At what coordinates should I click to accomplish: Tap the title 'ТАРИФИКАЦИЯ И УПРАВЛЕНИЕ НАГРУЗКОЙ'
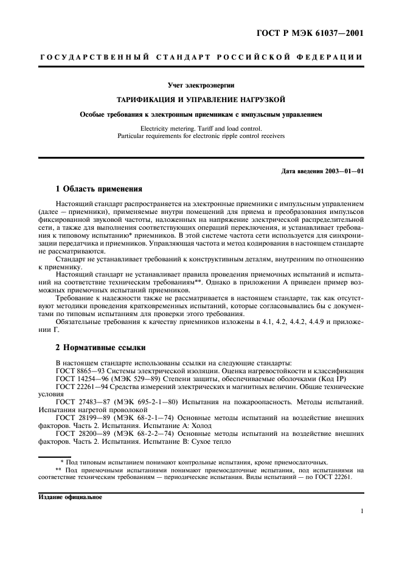[x=201, y=98]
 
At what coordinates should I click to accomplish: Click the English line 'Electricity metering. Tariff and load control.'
[x=201, y=128]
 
